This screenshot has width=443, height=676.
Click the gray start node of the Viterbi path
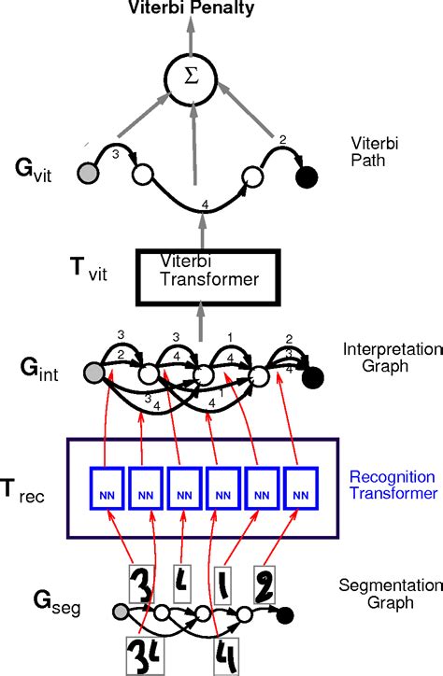point(89,174)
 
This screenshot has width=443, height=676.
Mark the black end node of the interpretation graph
point(311,377)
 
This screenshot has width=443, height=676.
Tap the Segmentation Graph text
point(376,594)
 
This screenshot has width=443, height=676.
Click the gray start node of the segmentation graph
point(120,612)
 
